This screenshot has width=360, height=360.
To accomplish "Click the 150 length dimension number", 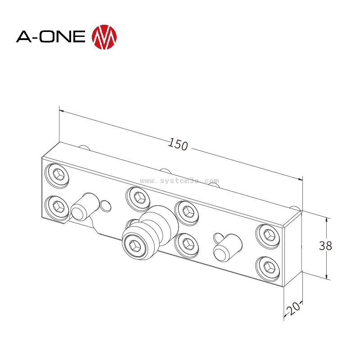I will [178, 144].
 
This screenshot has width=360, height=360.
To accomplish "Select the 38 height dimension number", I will [325, 246].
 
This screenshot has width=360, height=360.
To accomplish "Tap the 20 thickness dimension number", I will [293, 309].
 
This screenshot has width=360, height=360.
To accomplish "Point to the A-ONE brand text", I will [51, 36].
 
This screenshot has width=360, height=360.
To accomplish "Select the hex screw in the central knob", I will [135, 245].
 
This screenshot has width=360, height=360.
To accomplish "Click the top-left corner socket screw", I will [58, 175].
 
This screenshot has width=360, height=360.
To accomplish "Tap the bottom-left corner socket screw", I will [58, 207].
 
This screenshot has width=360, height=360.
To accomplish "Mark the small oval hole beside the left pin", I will [106, 206].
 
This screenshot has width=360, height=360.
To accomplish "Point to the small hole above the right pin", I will [218, 236].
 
